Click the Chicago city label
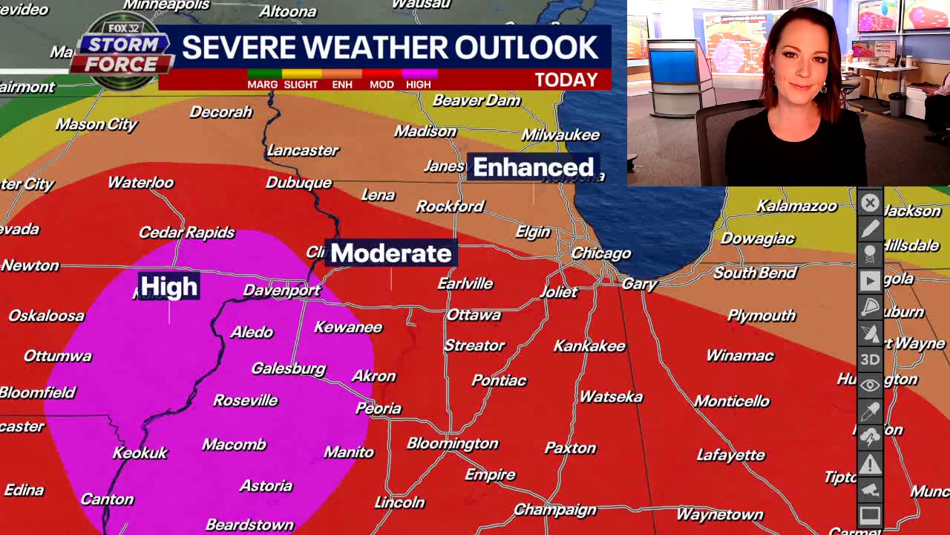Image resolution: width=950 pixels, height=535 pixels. click(x=601, y=253)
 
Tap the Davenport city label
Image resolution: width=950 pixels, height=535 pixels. click(x=282, y=290)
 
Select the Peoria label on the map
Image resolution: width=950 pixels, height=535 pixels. click(x=379, y=408)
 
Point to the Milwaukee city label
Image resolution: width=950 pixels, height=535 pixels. click(x=560, y=134)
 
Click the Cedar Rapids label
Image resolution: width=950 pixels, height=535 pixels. click(x=187, y=233)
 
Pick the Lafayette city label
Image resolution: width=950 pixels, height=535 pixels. click(x=731, y=455)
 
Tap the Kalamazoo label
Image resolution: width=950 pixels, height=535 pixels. click(x=796, y=206)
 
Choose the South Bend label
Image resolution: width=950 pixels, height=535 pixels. click(x=755, y=273)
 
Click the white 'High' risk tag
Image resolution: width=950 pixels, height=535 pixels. click(x=169, y=286)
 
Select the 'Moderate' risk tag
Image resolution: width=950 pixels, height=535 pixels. click(x=390, y=253)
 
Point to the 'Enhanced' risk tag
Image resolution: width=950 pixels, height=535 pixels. click(x=533, y=167)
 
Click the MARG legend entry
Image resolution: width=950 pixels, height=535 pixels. click(x=263, y=84)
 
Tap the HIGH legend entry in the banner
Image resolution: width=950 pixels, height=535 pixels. click(x=419, y=84)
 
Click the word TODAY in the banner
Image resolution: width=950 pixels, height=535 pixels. click(x=566, y=80)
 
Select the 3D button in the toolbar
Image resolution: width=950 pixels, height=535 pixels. click(x=870, y=360)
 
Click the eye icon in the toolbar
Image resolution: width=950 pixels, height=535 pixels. click(x=870, y=386)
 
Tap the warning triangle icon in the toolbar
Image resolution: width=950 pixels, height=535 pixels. click(x=870, y=464)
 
